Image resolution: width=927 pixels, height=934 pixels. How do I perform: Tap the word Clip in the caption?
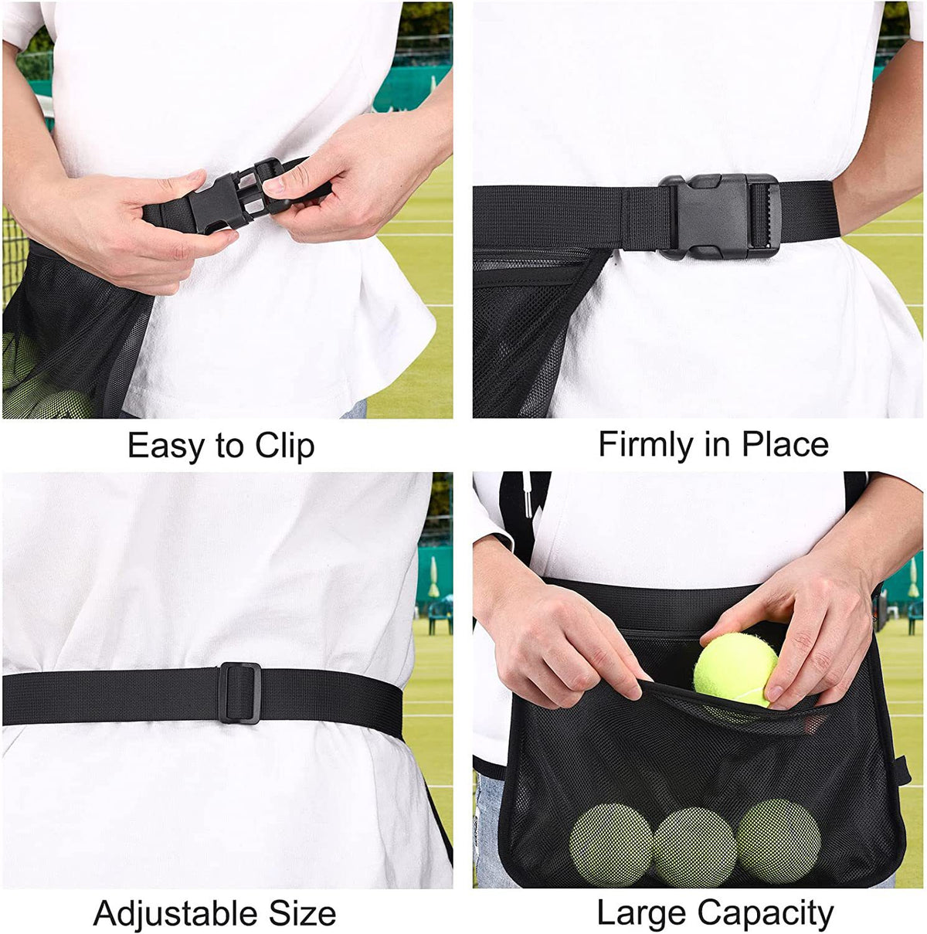coord(285,445)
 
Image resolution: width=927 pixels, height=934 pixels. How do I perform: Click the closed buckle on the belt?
coord(719,216)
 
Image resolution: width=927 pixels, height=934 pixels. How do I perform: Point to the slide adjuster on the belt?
coord(239,693)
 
